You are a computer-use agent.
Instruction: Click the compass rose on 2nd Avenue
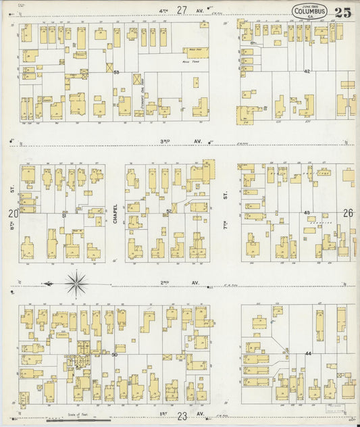tap(77, 282)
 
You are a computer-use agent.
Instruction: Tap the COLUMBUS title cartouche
tap(310, 11)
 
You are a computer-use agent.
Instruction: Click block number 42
tap(307, 70)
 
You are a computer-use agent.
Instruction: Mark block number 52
tap(169, 211)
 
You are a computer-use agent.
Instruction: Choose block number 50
tap(115, 354)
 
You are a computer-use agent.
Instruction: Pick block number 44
tap(307, 353)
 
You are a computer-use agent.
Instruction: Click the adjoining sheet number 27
tap(180, 9)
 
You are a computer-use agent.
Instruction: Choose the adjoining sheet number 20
tap(12, 214)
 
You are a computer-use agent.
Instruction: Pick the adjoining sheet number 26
tap(348, 214)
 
